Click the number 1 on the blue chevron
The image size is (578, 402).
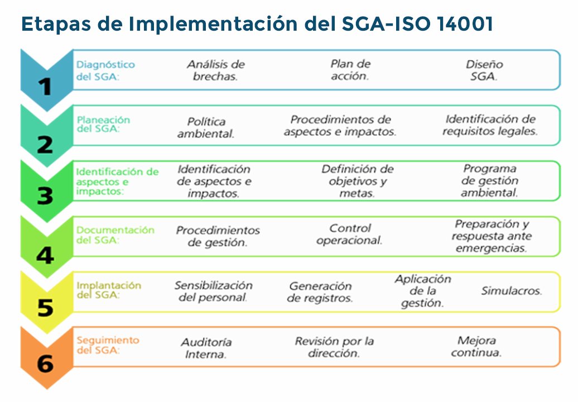click(x=45, y=87)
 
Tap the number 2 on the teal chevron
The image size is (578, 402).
click(x=45, y=144)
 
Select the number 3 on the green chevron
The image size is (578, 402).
click(x=45, y=195)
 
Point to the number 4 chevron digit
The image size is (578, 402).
click(x=45, y=255)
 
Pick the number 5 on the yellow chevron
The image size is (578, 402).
click(x=45, y=308)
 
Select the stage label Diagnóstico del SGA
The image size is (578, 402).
click(x=105, y=70)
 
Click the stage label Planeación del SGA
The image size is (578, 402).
click(x=103, y=125)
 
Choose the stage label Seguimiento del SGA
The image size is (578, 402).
click(x=108, y=345)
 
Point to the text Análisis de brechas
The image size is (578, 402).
click(x=216, y=70)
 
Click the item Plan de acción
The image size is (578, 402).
click(x=350, y=70)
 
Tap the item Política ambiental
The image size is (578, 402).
click(x=206, y=128)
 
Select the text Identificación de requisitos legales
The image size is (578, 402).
click(x=490, y=125)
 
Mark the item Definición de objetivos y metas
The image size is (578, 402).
click(x=357, y=181)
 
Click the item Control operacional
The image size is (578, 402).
click(x=349, y=234)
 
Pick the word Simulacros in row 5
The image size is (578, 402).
click(x=512, y=291)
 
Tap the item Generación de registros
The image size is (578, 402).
click(x=320, y=291)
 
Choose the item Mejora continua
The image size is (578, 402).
click(x=476, y=346)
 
